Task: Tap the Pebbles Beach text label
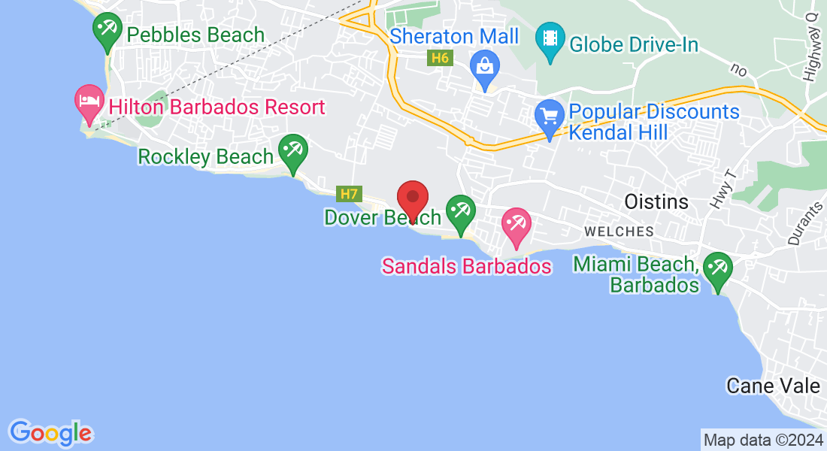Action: pyautogui.click(x=195, y=35)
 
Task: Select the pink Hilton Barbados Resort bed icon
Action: pyautogui.click(x=89, y=101)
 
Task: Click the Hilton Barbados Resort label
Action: pyautogui.click(x=217, y=107)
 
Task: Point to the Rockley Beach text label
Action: pyautogui.click(x=205, y=156)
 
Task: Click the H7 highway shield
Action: pyautogui.click(x=349, y=194)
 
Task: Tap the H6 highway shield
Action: pyautogui.click(x=439, y=58)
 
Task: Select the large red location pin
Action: pyautogui.click(x=413, y=198)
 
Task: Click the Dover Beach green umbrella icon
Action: pyautogui.click(x=460, y=211)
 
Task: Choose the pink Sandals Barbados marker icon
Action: pyautogui.click(x=516, y=225)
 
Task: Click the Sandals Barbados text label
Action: pyautogui.click(x=466, y=266)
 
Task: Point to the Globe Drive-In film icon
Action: pyautogui.click(x=551, y=39)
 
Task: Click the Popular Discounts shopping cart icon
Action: pyautogui.click(x=550, y=117)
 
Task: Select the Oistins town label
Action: pyautogui.click(x=656, y=201)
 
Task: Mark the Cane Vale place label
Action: pyautogui.click(x=773, y=386)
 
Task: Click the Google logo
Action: pyautogui.click(x=50, y=432)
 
